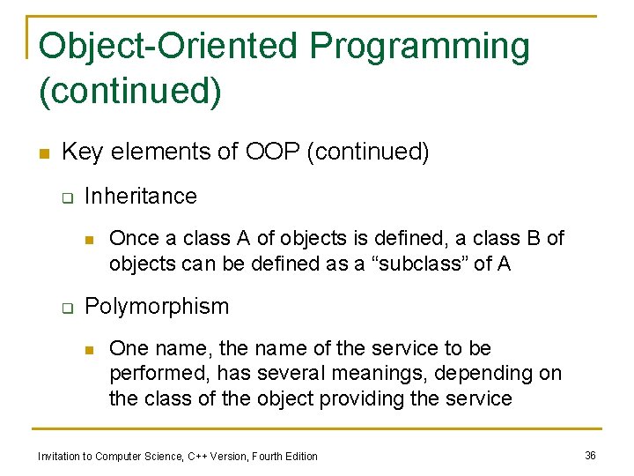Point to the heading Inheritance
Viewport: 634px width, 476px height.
click(140, 196)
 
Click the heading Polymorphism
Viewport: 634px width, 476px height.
click(156, 307)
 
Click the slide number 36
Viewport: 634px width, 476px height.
click(590, 455)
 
